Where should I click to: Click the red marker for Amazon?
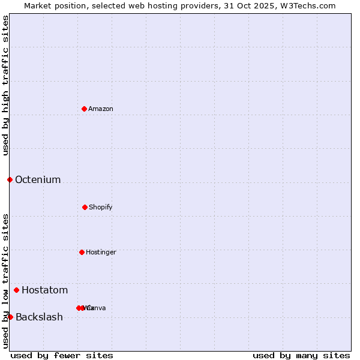[x=85, y=109]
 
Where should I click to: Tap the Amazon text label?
[x=101, y=109]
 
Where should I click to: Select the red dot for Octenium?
[x=10, y=179]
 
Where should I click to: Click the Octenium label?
[x=38, y=180]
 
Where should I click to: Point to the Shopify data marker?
[x=85, y=207]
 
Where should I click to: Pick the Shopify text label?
[x=101, y=208]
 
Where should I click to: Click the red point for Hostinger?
[x=82, y=252]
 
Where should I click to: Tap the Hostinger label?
[x=101, y=253]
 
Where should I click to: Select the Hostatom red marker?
[x=16, y=290]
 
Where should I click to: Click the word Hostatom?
[x=45, y=290]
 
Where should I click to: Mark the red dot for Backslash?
[x=10, y=317]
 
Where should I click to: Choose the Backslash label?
[x=39, y=317]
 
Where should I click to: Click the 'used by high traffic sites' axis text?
[x=6, y=85]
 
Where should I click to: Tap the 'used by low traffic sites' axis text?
[x=6, y=281]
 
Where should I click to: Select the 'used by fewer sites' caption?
[x=62, y=356]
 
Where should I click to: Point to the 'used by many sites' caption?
[x=301, y=356]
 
